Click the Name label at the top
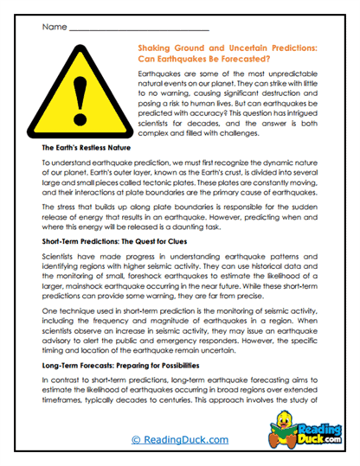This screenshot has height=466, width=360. pos(53,27)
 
